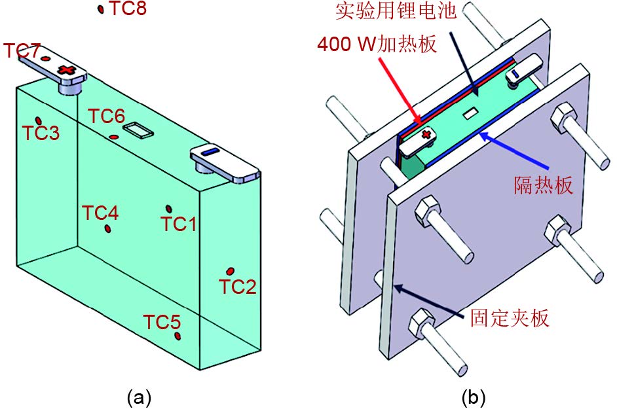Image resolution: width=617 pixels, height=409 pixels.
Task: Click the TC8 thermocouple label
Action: [127, 10]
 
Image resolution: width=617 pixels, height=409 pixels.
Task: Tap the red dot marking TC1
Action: [169, 209]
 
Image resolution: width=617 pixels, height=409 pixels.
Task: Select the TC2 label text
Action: [237, 287]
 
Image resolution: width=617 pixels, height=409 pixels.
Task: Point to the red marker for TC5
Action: [178, 336]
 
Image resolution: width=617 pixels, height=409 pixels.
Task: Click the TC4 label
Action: [100, 213]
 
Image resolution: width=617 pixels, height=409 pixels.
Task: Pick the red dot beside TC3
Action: [39, 121]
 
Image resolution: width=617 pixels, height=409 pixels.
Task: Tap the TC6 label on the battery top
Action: [107, 116]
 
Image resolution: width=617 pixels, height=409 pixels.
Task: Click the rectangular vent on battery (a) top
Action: [138, 130]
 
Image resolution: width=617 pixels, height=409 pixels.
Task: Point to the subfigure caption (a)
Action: [138, 397]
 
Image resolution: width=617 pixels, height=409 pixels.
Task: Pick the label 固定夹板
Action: [510, 319]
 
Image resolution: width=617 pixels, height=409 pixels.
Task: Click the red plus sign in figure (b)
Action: [426, 135]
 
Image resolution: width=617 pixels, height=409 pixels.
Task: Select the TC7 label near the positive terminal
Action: [22, 50]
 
